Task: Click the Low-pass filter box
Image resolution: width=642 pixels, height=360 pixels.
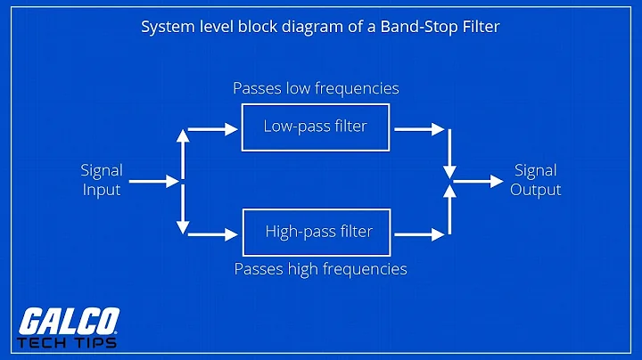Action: click(315, 127)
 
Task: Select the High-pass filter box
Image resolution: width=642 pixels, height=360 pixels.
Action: click(318, 232)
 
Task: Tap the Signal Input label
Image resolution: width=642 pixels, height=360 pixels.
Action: click(102, 179)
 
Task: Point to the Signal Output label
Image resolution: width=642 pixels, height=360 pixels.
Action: click(535, 179)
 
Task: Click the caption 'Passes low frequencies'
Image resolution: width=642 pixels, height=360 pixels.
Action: click(316, 88)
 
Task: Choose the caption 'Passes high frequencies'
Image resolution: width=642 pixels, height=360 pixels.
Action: click(320, 268)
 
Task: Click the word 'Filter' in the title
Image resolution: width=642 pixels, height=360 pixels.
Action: click(481, 27)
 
